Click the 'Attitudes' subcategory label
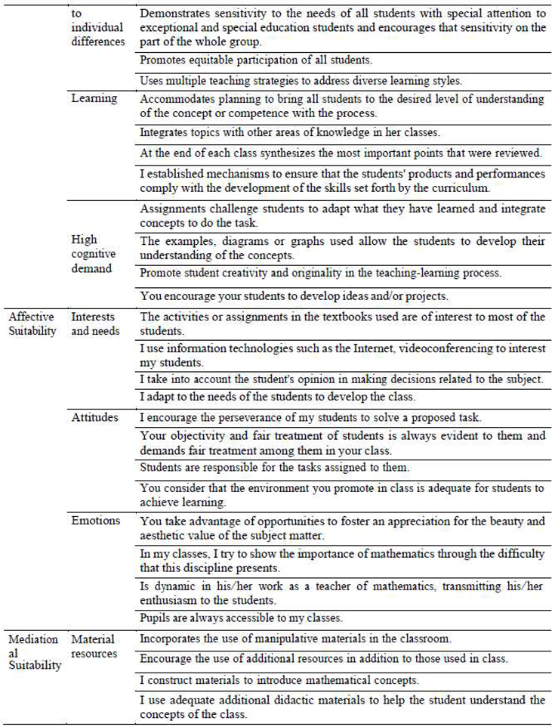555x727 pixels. [94, 417]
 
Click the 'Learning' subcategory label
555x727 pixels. [94, 97]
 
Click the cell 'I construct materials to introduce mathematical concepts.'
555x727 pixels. [285, 679]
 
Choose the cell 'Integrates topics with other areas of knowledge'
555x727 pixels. [289, 132]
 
